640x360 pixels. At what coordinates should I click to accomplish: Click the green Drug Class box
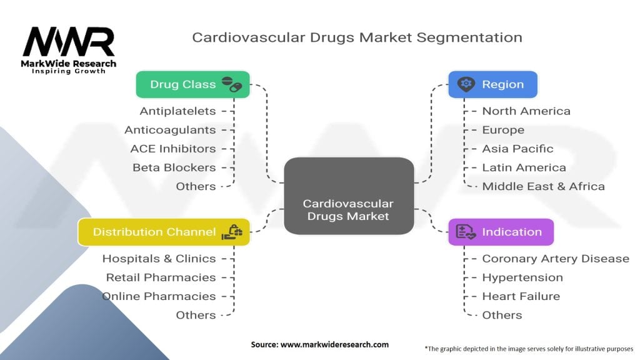coord(192,84)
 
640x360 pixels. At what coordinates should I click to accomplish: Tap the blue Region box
coord(492,84)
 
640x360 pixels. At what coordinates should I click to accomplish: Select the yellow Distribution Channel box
coord(164,232)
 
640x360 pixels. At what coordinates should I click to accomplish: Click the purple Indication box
coord(501,232)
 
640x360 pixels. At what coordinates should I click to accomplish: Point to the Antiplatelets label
coord(178,111)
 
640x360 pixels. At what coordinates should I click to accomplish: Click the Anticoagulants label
coord(170,130)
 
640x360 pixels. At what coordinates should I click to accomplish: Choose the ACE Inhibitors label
coord(173,149)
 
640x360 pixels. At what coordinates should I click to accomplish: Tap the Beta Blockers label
coord(174,167)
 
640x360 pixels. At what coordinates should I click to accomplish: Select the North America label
coord(526,111)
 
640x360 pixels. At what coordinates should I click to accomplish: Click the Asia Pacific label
coord(517,149)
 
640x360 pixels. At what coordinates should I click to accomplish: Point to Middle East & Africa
coord(543,186)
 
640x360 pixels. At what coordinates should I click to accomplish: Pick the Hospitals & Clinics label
coord(159,259)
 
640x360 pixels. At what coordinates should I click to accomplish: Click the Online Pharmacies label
coord(159,296)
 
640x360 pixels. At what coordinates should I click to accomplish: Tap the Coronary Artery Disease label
coord(556,259)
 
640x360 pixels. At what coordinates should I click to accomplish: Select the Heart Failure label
coord(521,296)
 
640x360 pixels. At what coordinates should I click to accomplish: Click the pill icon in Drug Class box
coord(231,84)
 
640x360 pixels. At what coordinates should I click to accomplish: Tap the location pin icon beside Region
coord(465,84)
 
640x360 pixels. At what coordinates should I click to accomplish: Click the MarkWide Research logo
coord(69,50)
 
